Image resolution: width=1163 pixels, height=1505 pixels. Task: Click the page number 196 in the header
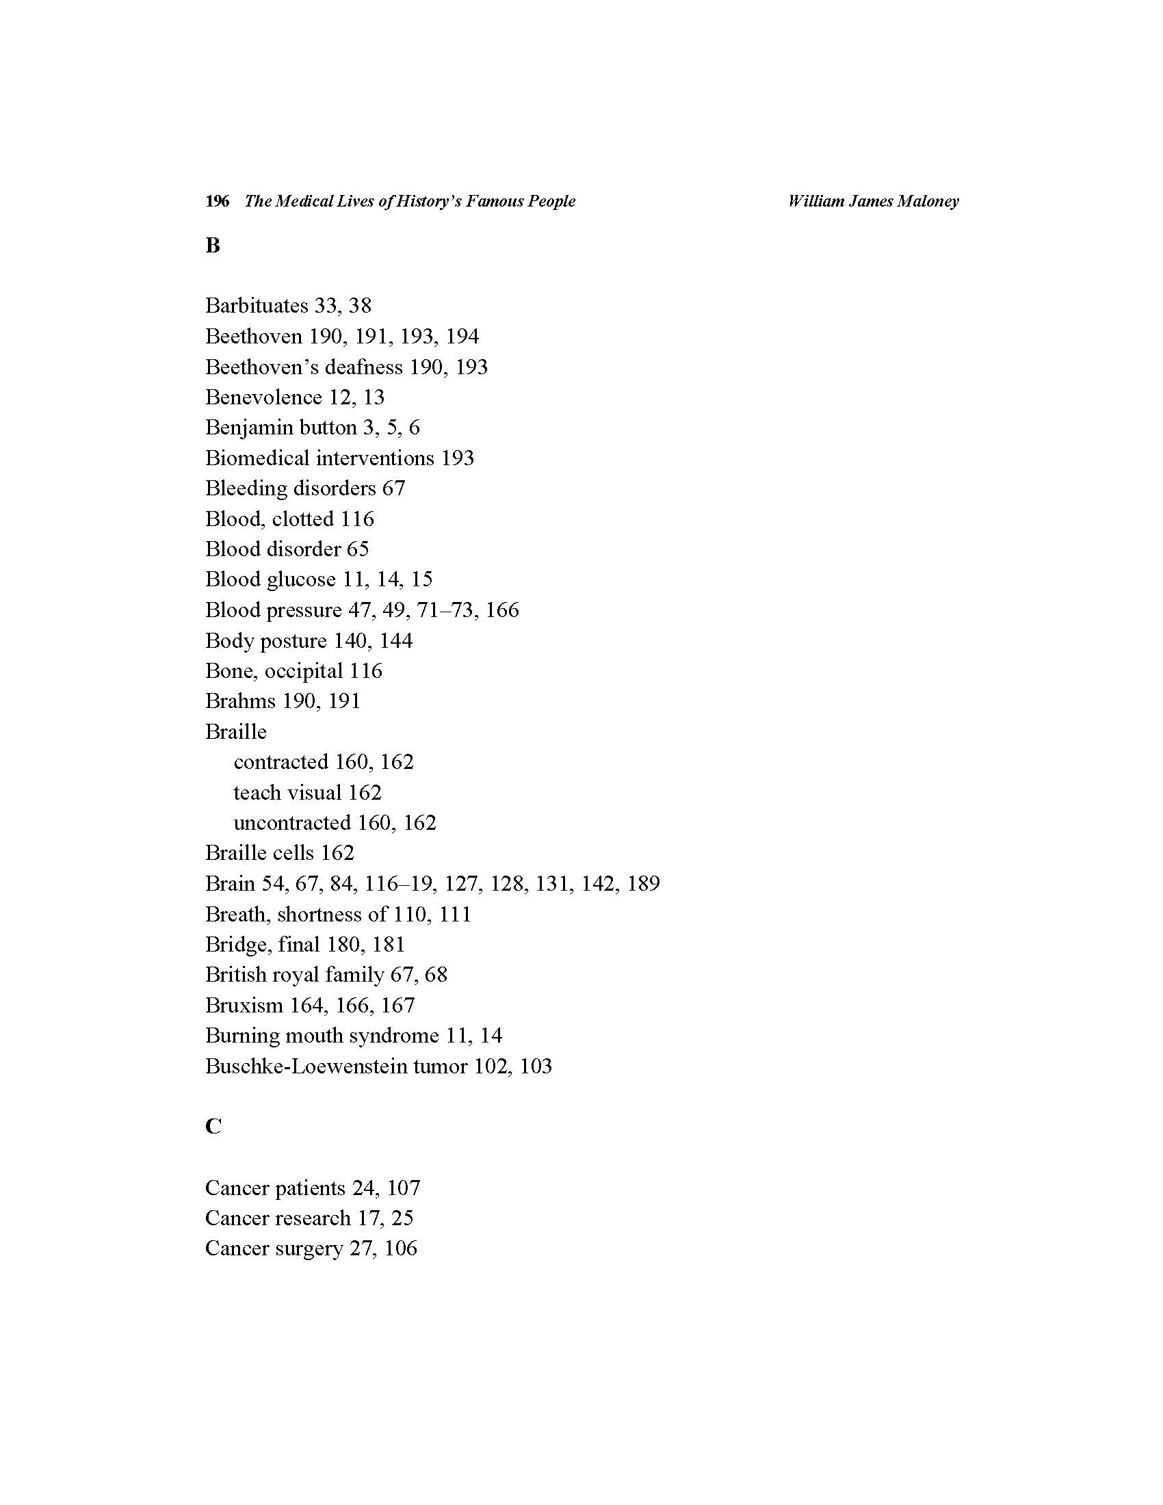[217, 201]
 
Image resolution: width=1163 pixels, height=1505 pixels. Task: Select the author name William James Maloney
[873, 201]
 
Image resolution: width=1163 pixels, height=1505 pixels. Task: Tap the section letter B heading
[212, 246]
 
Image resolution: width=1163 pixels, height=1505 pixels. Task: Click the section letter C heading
[213, 1127]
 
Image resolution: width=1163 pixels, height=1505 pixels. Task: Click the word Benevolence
[263, 397]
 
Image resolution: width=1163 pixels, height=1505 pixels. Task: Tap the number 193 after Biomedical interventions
[458, 458]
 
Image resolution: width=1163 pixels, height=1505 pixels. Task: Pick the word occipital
[304, 671]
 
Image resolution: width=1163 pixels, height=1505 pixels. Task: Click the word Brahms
[240, 701]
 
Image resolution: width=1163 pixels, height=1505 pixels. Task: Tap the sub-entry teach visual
[287, 792]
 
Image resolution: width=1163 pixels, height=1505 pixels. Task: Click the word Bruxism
[244, 1006]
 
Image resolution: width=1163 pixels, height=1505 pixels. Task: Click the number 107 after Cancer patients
[403, 1188]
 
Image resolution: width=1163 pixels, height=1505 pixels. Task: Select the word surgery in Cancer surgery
[309, 1248]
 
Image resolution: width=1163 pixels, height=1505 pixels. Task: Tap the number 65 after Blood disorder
[358, 549]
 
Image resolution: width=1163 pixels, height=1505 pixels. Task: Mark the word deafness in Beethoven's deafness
[364, 367]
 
